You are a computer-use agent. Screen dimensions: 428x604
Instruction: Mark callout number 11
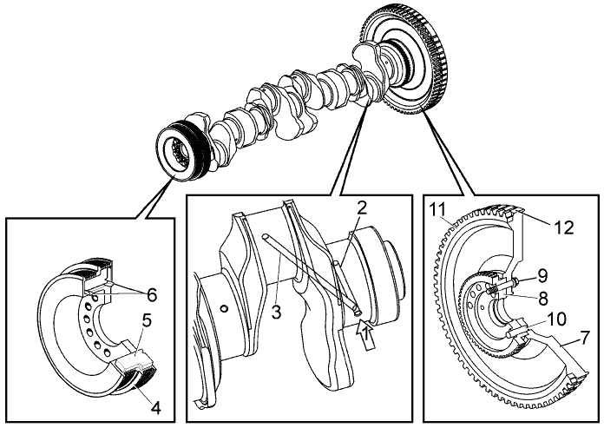click(x=438, y=209)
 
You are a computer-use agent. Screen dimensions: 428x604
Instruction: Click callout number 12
click(x=565, y=227)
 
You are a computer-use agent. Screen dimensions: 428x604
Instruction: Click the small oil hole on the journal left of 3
click(x=225, y=308)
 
